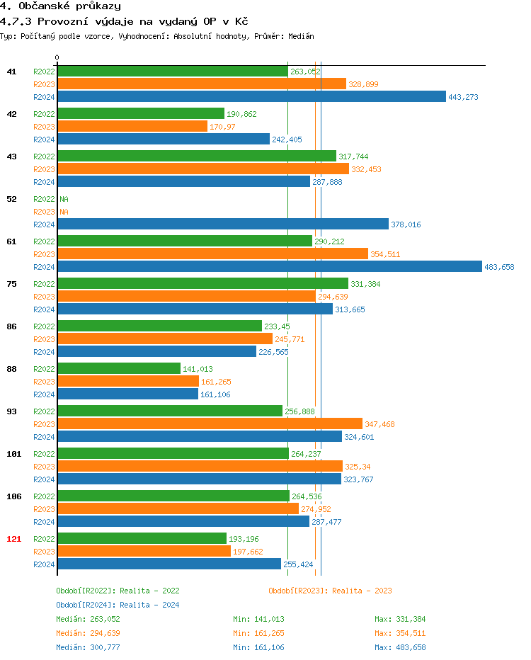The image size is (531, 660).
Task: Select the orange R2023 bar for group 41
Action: tap(201, 84)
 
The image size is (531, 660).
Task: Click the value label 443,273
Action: tap(463, 97)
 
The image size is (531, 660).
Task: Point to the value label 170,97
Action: tap(222, 127)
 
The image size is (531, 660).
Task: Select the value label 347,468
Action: tap(379, 424)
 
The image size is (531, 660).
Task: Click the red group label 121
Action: tap(14, 539)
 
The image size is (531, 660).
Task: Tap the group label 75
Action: tap(11, 284)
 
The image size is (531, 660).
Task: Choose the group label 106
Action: tap(14, 496)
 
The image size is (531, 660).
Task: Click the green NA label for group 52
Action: tap(64, 199)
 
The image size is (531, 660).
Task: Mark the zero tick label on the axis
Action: tap(57, 57)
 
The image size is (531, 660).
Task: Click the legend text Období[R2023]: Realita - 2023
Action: tap(330, 591)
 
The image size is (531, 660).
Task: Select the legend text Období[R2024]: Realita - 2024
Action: tap(118, 605)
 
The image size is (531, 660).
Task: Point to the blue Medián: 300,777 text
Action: tap(88, 647)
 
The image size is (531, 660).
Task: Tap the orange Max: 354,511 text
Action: tap(400, 633)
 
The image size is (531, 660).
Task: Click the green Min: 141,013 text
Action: tap(258, 619)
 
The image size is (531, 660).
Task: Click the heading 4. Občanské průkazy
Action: tap(60, 6)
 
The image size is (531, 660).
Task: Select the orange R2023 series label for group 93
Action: tap(44, 424)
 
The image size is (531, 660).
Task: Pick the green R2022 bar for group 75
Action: tap(202, 284)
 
